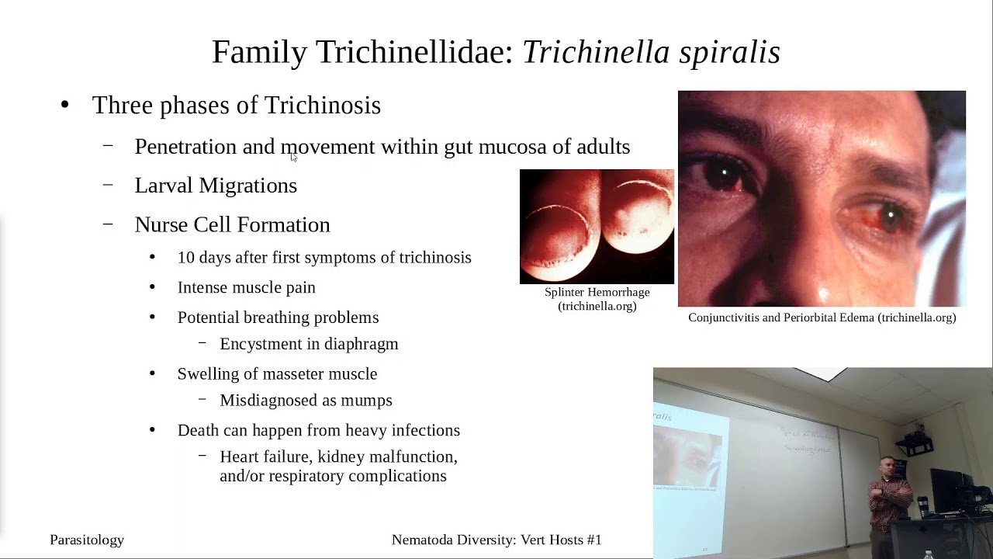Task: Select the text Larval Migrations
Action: pos(216,186)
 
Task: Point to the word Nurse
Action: pos(161,225)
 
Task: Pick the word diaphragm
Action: pos(364,344)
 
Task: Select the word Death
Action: pos(198,430)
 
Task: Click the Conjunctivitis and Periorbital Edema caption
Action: pos(822,318)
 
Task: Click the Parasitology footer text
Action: pos(87,540)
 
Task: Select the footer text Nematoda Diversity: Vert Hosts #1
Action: pos(496,540)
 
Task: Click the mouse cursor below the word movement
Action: pos(294,157)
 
